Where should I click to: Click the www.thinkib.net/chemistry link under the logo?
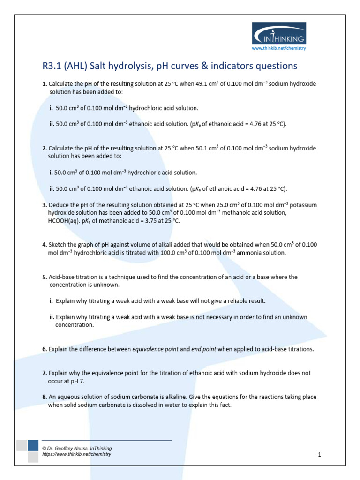(x=279, y=48)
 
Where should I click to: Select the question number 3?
(x=45, y=205)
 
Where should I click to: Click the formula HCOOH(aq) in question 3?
(x=67, y=221)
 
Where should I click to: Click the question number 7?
(x=45, y=373)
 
